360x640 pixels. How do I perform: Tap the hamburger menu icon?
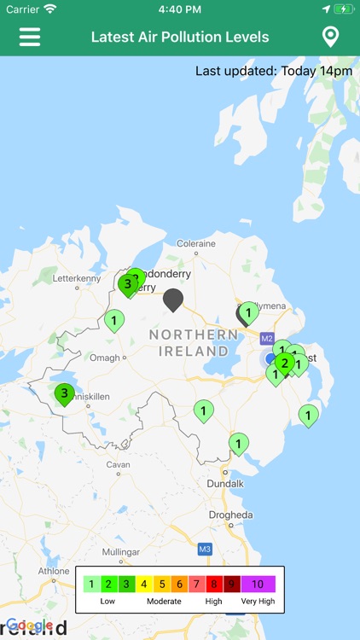pos(30,38)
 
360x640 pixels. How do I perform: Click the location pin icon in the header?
pos(330,38)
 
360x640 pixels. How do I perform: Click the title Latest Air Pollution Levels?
pos(180,38)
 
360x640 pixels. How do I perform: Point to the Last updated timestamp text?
pos(274,71)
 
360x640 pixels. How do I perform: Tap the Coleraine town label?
pos(195,243)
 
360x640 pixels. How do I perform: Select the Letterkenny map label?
pos(77,278)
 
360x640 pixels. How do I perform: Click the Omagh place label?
pos(105,358)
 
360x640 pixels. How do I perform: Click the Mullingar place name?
pos(120,552)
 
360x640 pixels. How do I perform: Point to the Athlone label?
pos(54,572)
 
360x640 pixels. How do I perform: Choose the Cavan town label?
pos(119,465)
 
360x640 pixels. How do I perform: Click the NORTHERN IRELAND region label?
pos(195,341)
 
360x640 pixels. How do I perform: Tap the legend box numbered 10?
pos(258,585)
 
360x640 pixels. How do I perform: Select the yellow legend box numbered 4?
pos(143,585)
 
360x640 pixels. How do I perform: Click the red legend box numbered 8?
pos(213,585)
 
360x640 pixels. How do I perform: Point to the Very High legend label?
pos(258,602)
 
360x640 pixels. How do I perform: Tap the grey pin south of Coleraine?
pos(173,299)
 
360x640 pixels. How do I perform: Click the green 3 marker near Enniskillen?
pos(64,393)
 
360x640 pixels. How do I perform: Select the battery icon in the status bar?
pos(343,9)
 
